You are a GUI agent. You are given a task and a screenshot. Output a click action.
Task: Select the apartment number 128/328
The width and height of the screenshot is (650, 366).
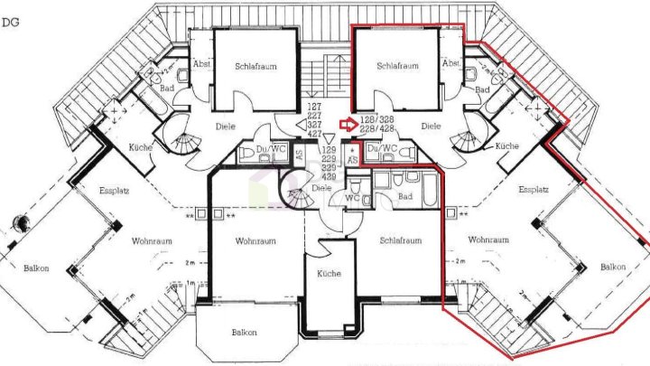[375, 118]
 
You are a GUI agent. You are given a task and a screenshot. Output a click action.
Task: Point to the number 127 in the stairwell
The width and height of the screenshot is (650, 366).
[315, 108]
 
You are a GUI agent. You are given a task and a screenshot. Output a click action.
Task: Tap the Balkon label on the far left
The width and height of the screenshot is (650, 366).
[37, 268]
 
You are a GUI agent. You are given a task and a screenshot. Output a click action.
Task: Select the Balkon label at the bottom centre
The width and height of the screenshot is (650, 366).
[244, 333]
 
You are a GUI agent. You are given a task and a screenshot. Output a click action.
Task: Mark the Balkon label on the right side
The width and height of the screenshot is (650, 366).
[613, 267]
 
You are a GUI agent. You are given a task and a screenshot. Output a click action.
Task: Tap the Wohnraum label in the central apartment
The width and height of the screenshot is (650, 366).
[255, 241]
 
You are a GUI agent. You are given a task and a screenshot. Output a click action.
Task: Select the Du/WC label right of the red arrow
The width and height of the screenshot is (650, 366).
[383, 147]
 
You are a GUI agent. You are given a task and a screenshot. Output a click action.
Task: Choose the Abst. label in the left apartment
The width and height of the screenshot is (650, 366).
[201, 64]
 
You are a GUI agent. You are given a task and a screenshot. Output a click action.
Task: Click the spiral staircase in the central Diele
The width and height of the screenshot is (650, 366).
[295, 187]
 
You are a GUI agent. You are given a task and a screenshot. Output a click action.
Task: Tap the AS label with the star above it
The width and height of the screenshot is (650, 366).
[352, 158]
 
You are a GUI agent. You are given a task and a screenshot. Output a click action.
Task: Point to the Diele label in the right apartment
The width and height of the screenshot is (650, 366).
[431, 127]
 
